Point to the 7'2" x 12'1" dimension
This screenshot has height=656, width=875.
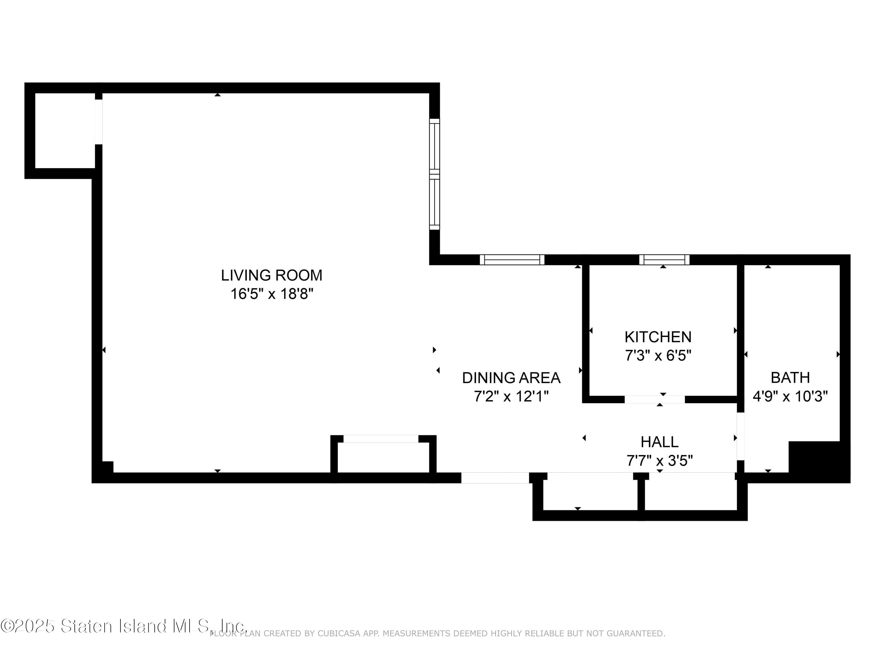click(x=511, y=396)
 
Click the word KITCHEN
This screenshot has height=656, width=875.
click(x=658, y=337)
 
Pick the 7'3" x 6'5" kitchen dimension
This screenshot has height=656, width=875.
click(x=658, y=355)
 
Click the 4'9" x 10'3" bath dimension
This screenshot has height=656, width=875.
click(x=790, y=396)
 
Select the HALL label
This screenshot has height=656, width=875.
click(x=659, y=442)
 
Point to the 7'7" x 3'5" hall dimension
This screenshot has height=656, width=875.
click(x=659, y=461)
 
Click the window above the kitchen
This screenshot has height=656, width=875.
click(x=664, y=260)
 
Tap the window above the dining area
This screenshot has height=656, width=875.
click(x=512, y=260)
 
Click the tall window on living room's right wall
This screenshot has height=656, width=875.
click(x=434, y=174)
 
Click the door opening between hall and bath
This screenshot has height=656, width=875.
click(x=740, y=436)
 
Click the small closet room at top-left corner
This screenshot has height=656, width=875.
click(x=64, y=131)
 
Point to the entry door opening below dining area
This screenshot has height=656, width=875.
click(x=495, y=478)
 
